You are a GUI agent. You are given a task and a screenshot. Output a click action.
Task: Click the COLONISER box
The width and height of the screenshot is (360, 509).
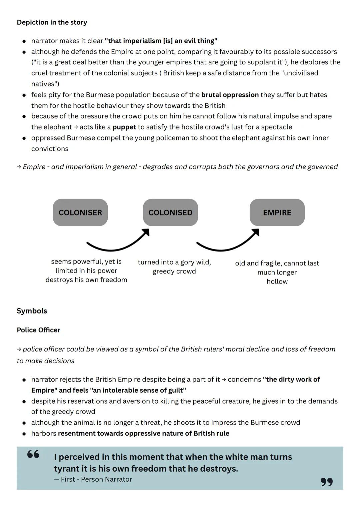tap(80, 212)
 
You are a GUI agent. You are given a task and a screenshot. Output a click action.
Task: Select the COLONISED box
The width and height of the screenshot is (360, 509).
tap(170, 212)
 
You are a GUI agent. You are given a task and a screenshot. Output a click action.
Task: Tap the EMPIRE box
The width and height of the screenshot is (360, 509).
tap(277, 212)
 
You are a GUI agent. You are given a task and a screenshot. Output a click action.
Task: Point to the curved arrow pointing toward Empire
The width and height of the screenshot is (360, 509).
tap(227, 242)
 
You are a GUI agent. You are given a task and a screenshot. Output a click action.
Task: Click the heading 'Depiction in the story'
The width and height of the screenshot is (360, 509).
tap(52, 22)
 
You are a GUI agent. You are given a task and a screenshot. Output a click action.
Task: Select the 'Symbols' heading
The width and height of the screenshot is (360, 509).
tap(32, 311)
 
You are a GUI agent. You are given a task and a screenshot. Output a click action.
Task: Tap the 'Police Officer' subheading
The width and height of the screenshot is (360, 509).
tap(39, 330)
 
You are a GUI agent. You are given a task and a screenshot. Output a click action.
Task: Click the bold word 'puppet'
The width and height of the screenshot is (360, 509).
tap(124, 127)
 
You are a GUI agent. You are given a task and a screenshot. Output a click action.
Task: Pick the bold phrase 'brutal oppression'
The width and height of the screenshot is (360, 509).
tap(230, 95)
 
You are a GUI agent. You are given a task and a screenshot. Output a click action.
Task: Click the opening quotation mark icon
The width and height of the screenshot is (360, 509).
tap(33, 454)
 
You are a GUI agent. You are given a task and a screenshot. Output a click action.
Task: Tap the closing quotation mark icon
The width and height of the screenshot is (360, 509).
tap(327, 482)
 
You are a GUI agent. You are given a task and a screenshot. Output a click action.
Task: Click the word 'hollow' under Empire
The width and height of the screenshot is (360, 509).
tap(277, 282)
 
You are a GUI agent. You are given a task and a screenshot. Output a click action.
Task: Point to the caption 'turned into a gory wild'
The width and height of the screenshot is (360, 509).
tap(174, 262)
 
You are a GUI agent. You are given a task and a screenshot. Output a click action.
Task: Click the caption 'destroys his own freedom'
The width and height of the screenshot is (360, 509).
tap(86, 280)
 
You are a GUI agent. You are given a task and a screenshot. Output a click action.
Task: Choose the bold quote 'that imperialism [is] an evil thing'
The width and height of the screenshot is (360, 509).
tap(161, 41)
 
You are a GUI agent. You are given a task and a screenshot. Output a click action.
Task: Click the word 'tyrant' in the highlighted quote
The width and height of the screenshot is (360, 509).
tap(66, 469)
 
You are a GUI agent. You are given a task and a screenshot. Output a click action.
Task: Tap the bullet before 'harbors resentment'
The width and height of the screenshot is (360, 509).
tap(24, 434)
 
